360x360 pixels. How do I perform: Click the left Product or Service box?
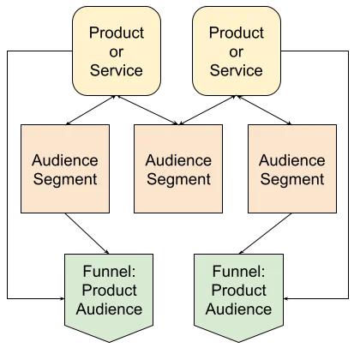[x=116, y=51]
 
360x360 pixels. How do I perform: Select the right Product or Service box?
[x=236, y=51]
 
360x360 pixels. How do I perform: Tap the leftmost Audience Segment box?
[x=65, y=169]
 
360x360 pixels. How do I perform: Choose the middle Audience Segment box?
[x=177, y=169]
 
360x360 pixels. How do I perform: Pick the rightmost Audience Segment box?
[x=291, y=169]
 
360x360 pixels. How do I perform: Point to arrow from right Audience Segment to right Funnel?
[x=265, y=233]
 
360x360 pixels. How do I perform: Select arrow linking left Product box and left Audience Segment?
[x=91, y=111]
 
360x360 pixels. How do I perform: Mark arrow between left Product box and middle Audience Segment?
[x=146, y=111]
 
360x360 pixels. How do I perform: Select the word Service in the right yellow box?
[x=236, y=69]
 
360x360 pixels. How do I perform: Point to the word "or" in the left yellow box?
[x=116, y=51]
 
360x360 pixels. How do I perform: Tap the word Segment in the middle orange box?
[x=177, y=179]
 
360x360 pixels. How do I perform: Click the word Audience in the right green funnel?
[x=238, y=309]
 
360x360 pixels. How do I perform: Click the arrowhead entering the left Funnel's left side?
[x=62, y=298]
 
